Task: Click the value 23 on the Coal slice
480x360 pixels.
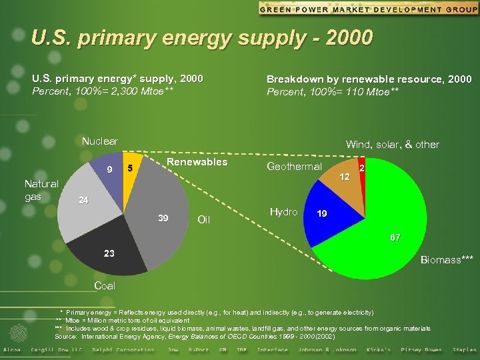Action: point(109,253)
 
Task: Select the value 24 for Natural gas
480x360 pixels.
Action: point(83,200)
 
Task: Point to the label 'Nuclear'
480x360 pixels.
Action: point(99,141)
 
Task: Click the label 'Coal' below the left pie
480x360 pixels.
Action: point(105,285)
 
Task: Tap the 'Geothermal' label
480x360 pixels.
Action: point(294,167)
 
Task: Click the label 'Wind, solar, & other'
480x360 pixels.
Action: point(392,145)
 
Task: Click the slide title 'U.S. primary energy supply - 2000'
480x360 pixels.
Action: point(201,37)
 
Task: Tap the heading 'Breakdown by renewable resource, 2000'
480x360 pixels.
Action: point(369,79)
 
